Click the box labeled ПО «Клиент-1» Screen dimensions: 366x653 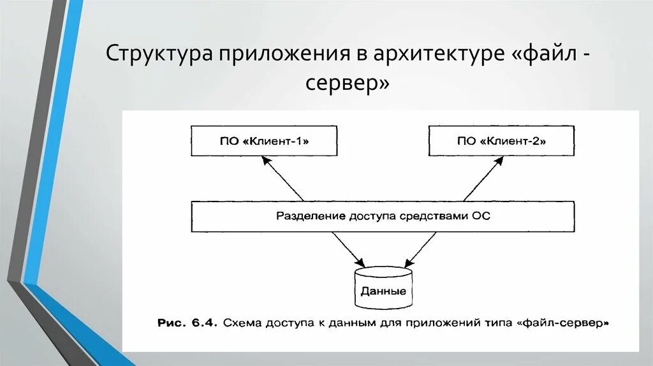pos(263,141)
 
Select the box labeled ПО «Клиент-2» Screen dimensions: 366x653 pos(501,141)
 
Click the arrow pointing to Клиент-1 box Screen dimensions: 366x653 pos(283,179)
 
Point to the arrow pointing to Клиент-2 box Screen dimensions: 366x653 pos(482,179)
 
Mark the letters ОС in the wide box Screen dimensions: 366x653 pos(481,216)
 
